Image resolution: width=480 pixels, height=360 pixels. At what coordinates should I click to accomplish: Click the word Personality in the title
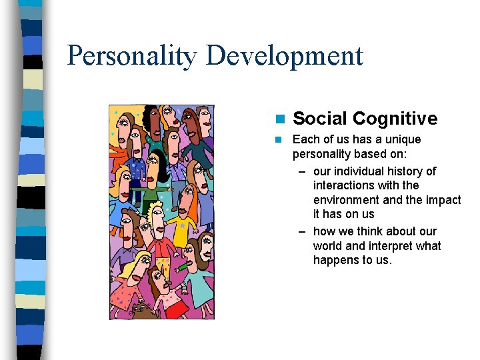pos(132,56)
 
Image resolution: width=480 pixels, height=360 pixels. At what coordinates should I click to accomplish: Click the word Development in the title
pos(285,56)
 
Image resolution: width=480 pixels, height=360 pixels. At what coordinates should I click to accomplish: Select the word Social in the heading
pos(320,119)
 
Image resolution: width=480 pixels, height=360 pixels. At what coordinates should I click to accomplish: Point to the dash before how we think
pos(302,231)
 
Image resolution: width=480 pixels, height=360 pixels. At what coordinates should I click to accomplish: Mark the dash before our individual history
pos(302,171)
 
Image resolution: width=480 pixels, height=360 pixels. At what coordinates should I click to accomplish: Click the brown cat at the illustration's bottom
pos(141,309)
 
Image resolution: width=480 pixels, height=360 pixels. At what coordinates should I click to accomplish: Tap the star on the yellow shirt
pos(182,226)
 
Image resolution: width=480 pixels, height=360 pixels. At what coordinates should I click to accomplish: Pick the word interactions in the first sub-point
pos(344,185)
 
